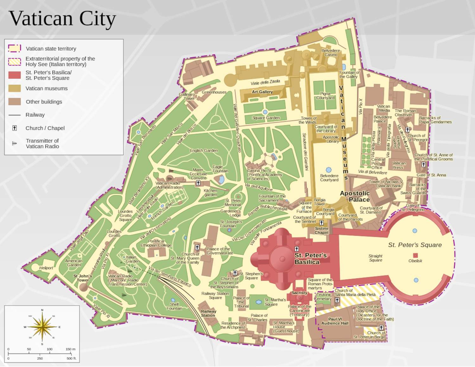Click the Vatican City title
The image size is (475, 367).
coord(62,19)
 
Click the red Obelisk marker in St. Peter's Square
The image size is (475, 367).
coord(415,255)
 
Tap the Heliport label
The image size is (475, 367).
coord(46,268)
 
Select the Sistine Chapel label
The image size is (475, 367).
coord(321,230)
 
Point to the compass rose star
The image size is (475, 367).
coord(42,326)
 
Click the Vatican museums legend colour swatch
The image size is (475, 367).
coord(15,88)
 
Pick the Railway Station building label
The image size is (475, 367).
coord(208,313)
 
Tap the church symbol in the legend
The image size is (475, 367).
coord(15,128)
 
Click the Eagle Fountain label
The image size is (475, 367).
coord(220,169)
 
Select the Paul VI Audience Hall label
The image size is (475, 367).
coord(335,321)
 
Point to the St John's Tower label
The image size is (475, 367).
coord(83,278)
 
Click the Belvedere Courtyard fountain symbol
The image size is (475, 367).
coord(329,170)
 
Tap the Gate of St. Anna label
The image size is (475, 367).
coord(431,175)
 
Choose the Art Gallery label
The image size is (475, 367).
coord(262,92)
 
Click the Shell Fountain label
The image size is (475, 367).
coord(174,306)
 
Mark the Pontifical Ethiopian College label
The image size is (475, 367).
coord(156,243)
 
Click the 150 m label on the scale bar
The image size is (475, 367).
coord(70,349)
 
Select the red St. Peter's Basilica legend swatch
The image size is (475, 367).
coord(15,75)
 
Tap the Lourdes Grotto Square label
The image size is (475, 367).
coord(125,216)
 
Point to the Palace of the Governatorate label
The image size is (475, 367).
coord(219,251)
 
